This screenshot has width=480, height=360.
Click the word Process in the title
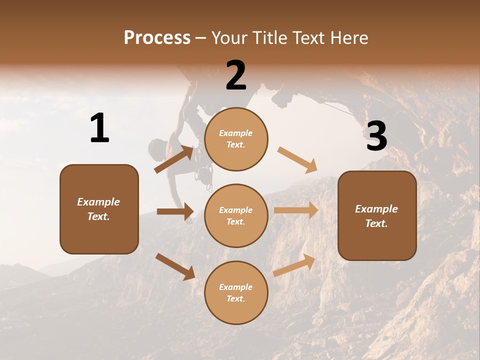tap(157, 37)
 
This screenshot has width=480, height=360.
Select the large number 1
tap(99, 128)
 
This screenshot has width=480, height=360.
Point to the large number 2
tap(236, 75)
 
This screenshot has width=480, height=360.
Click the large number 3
tap(376, 136)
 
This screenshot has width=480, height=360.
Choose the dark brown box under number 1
tap(99, 209)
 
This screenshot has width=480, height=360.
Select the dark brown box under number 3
tap(377, 216)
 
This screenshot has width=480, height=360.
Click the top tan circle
tap(236, 139)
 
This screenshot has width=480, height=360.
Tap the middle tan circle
tap(236, 215)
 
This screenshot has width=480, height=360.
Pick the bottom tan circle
tap(236, 292)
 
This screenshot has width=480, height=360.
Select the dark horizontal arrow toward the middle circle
tap(175, 211)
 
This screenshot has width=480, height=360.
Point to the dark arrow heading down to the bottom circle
tap(175, 266)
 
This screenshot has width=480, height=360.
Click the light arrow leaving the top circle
tap(297, 160)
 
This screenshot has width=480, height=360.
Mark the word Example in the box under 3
tap(376, 209)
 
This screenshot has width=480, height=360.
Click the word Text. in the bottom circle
tap(235, 298)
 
